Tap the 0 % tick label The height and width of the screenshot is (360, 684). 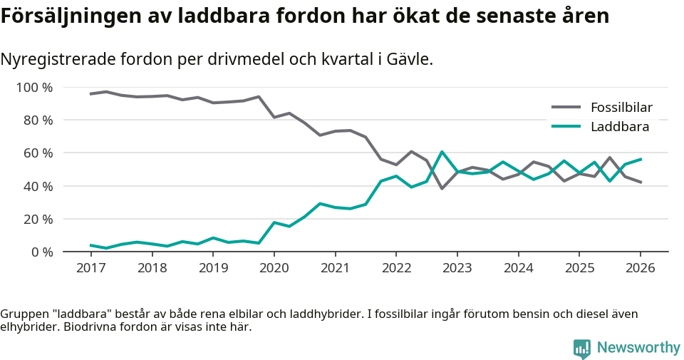coord(41,252)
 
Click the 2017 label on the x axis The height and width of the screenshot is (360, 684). coord(90,268)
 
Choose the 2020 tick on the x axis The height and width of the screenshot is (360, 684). coord(274,268)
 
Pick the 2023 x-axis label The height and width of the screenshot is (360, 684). coord(457,268)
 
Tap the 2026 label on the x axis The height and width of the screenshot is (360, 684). coord(640,268)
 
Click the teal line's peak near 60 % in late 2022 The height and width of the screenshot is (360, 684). coord(442,152)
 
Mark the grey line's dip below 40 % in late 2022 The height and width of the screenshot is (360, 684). coord(442,188)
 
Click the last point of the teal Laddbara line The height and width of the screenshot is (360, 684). coord(641,159)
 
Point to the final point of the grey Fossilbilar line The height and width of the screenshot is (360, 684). coord(641,182)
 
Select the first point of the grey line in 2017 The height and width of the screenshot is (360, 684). coord(90,94)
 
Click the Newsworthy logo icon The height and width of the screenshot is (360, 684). coord(581,348)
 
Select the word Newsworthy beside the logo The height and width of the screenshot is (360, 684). coord(638,348)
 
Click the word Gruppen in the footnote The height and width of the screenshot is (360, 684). coord(22,314)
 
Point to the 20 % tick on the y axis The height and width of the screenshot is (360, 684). coord(38,219)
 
